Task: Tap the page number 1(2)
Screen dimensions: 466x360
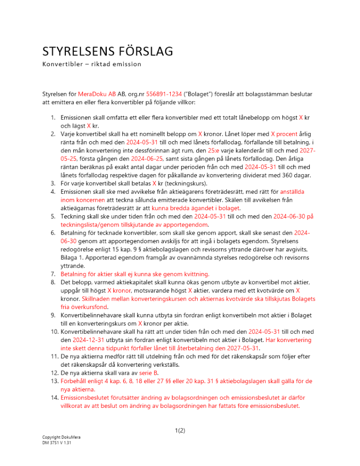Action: pyautogui.click(x=180, y=431)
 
